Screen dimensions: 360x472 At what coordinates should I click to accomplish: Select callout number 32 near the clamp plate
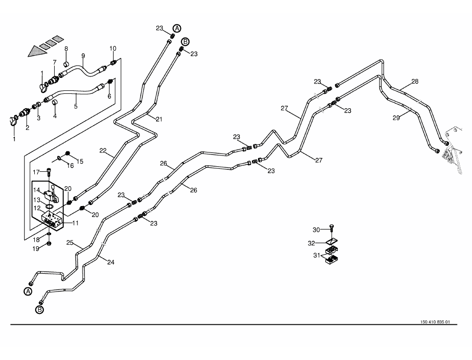coord(311,243)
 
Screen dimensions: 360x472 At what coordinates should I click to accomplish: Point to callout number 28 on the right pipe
coord(415,81)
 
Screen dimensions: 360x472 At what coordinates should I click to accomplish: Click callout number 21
coord(158,119)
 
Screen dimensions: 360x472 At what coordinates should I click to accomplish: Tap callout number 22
coord(103,150)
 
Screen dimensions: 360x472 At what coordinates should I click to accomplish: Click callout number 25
coord(70,243)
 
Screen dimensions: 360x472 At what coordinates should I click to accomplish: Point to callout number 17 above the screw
coord(36,172)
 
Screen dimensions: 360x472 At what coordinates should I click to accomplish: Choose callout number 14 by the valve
coord(37,190)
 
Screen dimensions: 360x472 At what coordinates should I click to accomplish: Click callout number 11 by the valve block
coord(75,223)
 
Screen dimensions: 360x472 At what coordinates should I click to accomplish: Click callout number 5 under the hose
coord(76,106)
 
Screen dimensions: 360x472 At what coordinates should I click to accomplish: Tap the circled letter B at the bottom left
coord(39,310)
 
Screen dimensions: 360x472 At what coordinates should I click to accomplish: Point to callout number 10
coord(113,48)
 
